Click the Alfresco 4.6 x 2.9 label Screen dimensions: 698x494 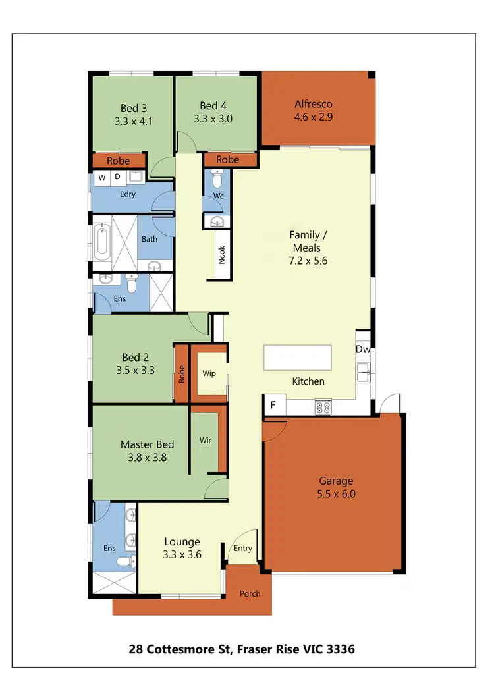[313, 111]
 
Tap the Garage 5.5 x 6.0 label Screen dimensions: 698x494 [337, 487]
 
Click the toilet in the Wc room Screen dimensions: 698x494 [217, 178]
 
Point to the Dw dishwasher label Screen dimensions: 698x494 [362, 349]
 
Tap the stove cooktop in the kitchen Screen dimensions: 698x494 [323, 407]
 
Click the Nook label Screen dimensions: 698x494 [222, 255]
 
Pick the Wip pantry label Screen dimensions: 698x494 [209, 373]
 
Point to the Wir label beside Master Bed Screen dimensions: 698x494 [206, 440]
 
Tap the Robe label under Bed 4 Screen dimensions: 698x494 [228, 159]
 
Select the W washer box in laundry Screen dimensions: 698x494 [102, 176]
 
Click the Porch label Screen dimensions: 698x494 [250, 593]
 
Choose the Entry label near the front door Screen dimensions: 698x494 [242, 549]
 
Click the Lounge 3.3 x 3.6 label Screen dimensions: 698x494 [182, 548]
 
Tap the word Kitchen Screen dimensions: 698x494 [308, 381]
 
